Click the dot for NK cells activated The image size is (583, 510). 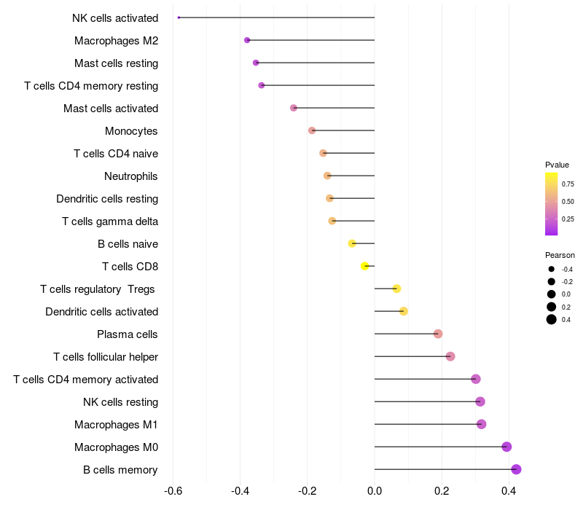[x=179, y=17]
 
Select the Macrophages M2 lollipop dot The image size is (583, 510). [x=247, y=40]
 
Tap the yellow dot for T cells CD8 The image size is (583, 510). [x=365, y=266]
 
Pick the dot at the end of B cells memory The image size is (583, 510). [x=516, y=469]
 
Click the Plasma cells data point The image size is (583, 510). [x=438, y=334]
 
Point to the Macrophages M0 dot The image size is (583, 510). [x=506, y=447]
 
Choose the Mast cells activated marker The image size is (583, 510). [x=294, y=108]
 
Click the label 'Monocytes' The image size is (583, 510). [x=131, y=131]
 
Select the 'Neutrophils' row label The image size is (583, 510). [x=131, y=176]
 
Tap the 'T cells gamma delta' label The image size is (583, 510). [x=110, y=221]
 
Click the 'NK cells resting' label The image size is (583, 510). [x=121, y=402]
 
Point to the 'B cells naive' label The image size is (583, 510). [x=128, y=244]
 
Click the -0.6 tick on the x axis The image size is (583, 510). [x=173, y=491]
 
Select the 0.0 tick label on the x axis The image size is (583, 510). [x=375, y=491]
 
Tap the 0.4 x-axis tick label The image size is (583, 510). [x=509, y=491]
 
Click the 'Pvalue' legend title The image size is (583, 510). [x=557, y=165]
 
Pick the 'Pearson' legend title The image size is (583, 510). [x=560, y=256]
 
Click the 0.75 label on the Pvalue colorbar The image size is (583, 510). [x=568, y=184]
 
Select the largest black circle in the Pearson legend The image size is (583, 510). [x=552, y=319]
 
